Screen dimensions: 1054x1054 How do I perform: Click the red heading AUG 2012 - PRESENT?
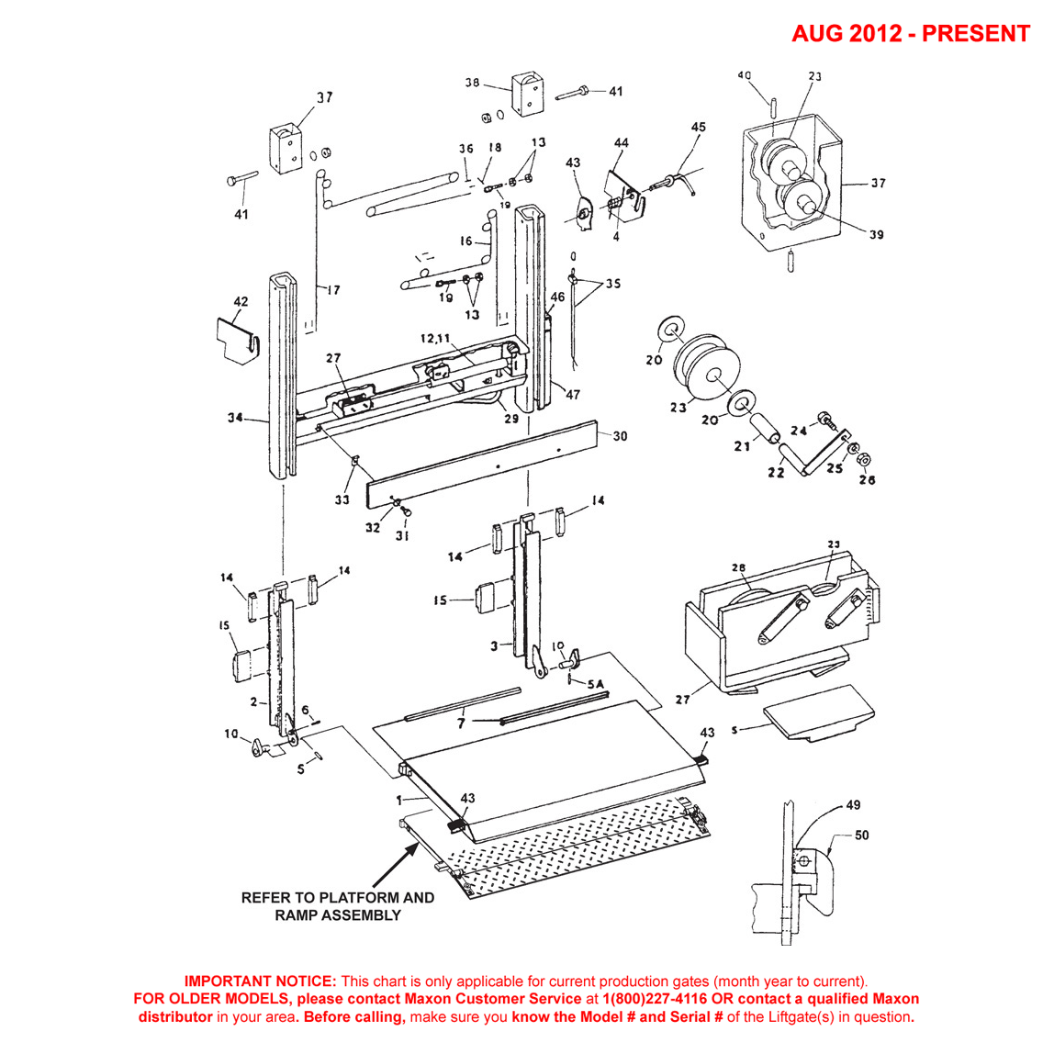(x=910, y=33)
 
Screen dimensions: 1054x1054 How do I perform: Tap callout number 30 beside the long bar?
(x=620, y=436)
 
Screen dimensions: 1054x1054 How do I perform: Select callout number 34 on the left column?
(x=236, y=419)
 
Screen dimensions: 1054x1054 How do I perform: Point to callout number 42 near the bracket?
(x=241, y=302)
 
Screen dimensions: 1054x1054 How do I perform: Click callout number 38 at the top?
(x=473, y=83)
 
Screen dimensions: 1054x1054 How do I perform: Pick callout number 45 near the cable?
(x=698, y=128)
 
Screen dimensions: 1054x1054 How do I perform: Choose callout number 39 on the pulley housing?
(x=876, y=235)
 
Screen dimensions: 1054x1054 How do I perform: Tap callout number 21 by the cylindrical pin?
(x=742, y=446)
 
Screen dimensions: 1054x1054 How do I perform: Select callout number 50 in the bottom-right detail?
(x=861, y=835)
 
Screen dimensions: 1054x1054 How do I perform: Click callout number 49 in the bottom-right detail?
(x=853, y=805)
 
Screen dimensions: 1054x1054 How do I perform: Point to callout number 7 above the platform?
(x=461, y=723)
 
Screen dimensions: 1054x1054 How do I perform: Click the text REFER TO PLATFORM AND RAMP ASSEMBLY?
(x=337, y=906)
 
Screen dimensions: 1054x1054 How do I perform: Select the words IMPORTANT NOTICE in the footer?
(x=261, y=981)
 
